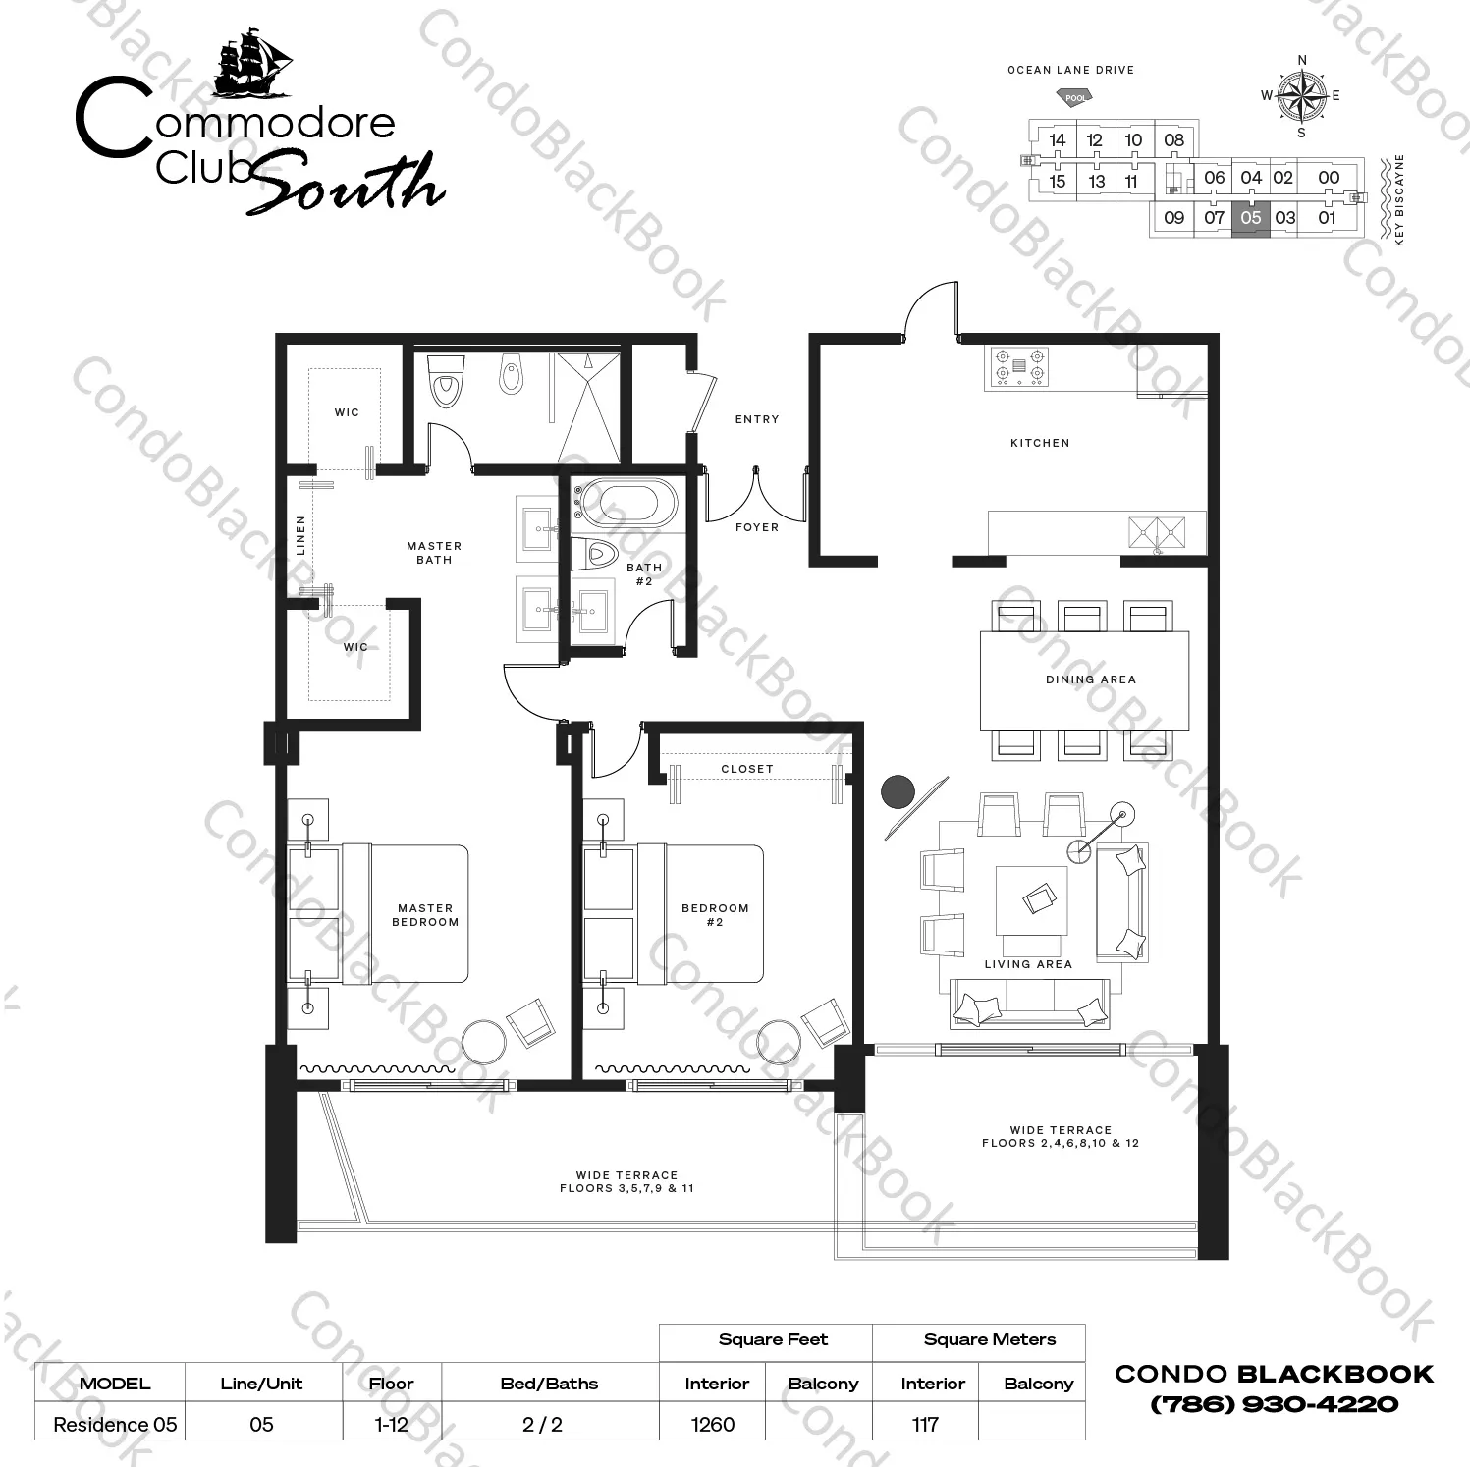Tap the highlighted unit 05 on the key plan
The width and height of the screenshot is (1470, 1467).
point(1250,218)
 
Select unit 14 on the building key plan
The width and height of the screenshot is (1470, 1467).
point(1057,140)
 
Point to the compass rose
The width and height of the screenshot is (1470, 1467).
point(1302,96)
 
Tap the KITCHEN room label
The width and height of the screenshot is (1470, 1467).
point(1040,443)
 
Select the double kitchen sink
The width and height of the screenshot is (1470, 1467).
point(1157,533)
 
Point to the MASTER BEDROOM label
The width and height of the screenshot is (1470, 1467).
point(425,915)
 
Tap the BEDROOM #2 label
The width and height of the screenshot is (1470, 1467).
point(715,915)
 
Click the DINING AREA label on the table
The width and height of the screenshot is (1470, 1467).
point(1090,679)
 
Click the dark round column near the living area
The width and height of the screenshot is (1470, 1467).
point(898,792)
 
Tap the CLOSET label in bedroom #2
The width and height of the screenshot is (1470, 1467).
point(747,769)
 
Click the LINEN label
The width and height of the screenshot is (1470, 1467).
point(300,535)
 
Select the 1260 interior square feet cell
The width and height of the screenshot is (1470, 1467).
point(713,1424)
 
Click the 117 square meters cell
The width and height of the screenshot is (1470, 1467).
point(925,1424)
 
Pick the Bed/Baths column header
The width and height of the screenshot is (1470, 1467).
point(549,1384)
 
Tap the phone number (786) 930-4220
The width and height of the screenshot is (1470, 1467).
point(1275,1404)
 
